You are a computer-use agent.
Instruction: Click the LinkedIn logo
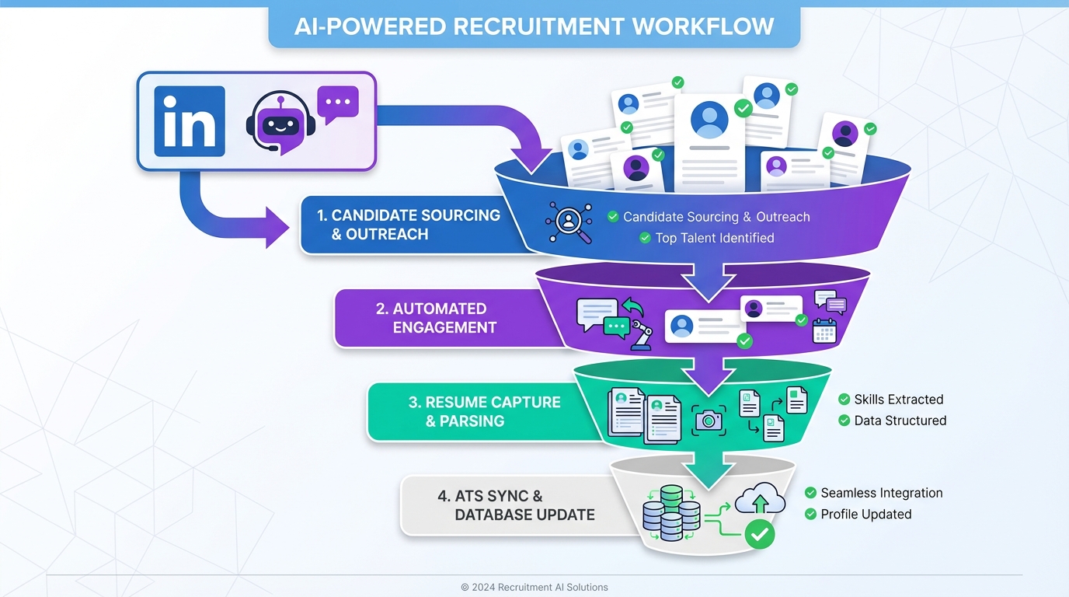pos(190,121)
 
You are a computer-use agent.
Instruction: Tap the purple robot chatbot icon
pos(279,122)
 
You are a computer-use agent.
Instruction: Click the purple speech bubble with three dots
pos(338,104)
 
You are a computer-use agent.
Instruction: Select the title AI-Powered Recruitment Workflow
pos(534,26)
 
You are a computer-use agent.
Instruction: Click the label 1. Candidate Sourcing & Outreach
pos(408,225)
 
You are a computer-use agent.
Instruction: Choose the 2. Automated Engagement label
pos(435,318)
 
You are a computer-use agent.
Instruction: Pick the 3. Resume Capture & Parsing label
pos(483,411)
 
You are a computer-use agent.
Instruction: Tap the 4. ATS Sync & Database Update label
pos(517,505)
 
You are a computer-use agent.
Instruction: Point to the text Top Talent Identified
pos(714,238)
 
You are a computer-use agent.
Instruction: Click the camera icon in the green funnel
pos(709,420)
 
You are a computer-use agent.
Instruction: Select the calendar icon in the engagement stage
pos(824,330)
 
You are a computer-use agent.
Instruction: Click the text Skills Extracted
pos(898,400)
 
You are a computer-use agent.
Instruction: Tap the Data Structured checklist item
pos(900,421)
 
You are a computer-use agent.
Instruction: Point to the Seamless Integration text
pos(881,493)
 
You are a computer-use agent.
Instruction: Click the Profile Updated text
pos(865,514)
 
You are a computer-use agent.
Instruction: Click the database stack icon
pos(671,513)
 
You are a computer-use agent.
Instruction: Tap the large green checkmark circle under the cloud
pos(759,534)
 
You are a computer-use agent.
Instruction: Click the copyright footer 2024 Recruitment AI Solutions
pos(534,587)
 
